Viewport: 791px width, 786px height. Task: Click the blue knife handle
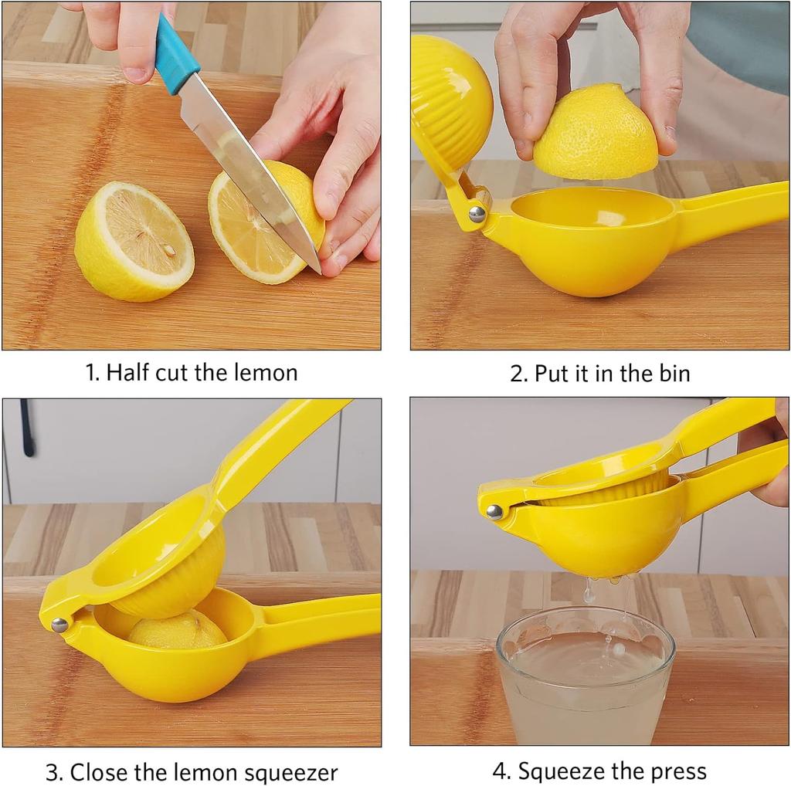[175, 53]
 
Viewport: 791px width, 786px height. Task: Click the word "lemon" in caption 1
[264, 373]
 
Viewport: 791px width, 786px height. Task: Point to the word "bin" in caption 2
[674, 374]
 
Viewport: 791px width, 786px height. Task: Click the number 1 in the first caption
[90, 373]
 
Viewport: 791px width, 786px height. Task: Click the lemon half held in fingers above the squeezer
[596, 133]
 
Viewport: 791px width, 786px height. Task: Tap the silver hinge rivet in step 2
[477, 214]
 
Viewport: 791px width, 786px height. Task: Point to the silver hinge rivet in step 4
[494, 511]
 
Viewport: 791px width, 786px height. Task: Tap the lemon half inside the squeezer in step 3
[177, 630]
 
